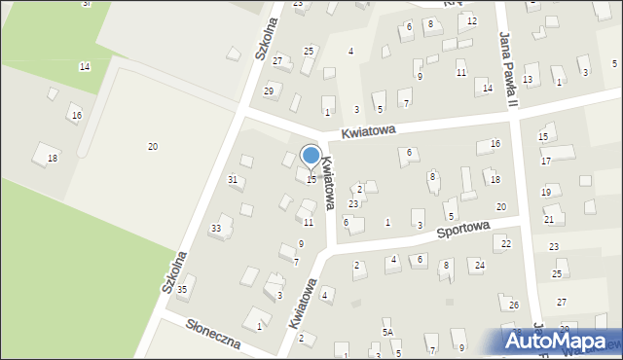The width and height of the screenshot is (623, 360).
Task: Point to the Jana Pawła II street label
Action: pyautogui.click(x=508, y=69)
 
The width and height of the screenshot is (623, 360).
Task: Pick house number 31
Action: pyautogui.click(x=233, y=179)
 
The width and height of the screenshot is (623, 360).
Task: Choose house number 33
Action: pyautogui.click(x=216, y=229)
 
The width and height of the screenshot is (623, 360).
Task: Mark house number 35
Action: pyautogui.click(x=181, y=290)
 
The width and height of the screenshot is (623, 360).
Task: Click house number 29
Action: pyautogui.click(x=270, y=90)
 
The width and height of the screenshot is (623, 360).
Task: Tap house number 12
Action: pyautogui.click(x=472, y=21)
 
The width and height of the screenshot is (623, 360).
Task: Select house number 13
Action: pyautogui.click(x=528, y=79)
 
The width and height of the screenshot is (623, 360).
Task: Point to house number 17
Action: pyautogui.click(x=546, y=161)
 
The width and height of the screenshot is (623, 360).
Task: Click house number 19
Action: pyautogui.click(x=545, y=193)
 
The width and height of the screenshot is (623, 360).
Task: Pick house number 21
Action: pyautogui.click(x=549, y=220)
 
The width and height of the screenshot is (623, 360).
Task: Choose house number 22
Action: pyautogui.click(x=506, y=243)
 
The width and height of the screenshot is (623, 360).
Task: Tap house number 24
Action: pyautogui.click(x=479, y=265)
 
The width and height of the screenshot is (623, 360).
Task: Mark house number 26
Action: pyautogui.click(x=514, y=306)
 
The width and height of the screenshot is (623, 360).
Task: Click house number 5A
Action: pyautogui.click(x=387, y=333)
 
